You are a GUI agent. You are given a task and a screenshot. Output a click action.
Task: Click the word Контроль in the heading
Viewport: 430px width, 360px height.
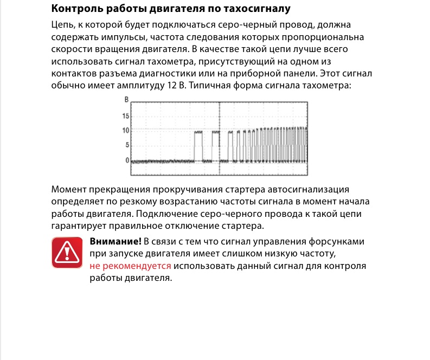point(72,9)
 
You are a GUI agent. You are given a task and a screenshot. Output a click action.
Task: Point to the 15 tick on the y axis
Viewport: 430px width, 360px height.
point(126,117)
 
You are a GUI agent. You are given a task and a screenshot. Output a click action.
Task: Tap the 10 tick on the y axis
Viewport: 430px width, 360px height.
point(126,131)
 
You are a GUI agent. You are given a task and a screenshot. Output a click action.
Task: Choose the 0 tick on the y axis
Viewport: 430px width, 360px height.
point(127,160)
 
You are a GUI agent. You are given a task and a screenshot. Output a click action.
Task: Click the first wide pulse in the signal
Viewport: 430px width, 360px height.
point(198,145)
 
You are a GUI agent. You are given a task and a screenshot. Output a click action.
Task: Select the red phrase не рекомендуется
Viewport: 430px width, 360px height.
point(130,266)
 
